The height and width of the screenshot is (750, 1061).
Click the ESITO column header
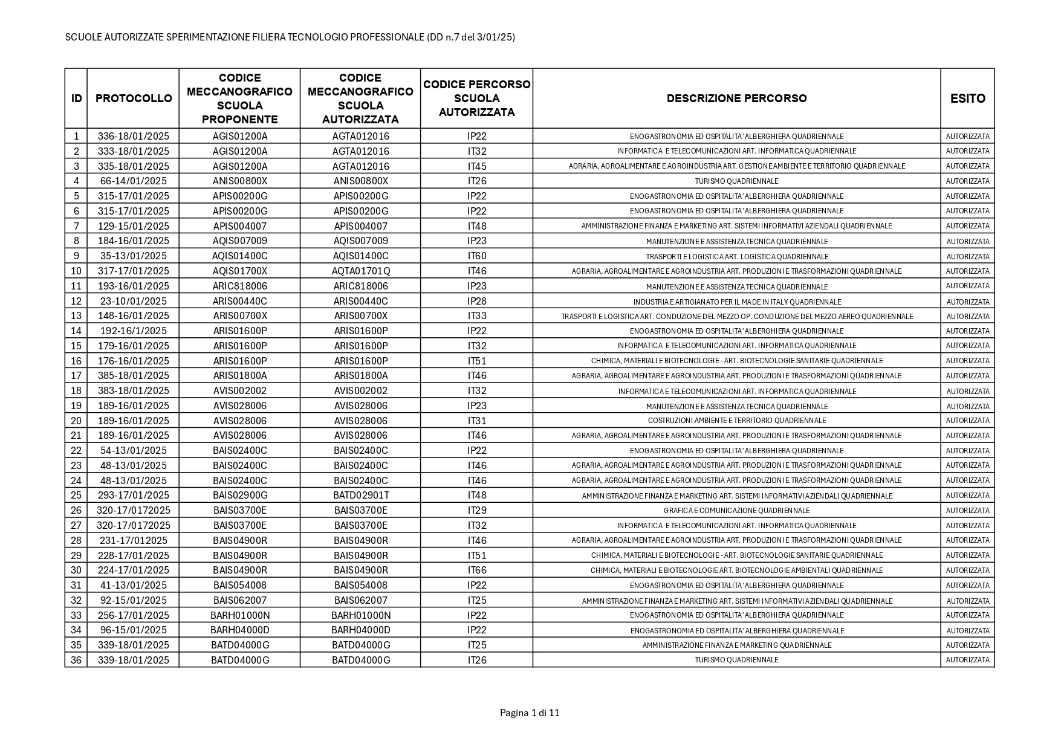point(967,99)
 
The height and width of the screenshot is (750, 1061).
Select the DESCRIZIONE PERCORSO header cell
point(736,99)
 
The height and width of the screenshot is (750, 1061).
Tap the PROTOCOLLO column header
point(134,99)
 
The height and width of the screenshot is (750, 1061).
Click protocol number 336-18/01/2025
point(134,136)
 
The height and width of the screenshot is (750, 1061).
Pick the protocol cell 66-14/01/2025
point(134,181)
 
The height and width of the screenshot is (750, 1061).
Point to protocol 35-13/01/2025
point(134,256)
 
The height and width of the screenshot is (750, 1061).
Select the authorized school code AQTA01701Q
point(361,271)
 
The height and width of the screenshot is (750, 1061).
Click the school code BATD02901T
point(361,495)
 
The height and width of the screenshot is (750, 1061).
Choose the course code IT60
point(477,256)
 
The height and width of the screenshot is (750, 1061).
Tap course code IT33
point(477,315)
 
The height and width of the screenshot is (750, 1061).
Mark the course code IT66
point(477,570)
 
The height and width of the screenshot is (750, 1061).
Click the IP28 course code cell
point(477,301)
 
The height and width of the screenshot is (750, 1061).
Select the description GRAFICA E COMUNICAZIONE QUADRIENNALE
point(736,511)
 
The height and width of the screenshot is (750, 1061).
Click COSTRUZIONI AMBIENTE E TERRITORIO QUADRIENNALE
point(736,421)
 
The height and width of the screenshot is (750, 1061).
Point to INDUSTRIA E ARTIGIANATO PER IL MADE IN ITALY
point(736,302)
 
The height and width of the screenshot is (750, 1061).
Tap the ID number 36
point(76,660)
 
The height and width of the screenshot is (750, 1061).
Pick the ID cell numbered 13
point(76,315)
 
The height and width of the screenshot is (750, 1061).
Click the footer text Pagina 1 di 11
point(530,713)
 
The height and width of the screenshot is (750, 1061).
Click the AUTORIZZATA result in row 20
point(967,421)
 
